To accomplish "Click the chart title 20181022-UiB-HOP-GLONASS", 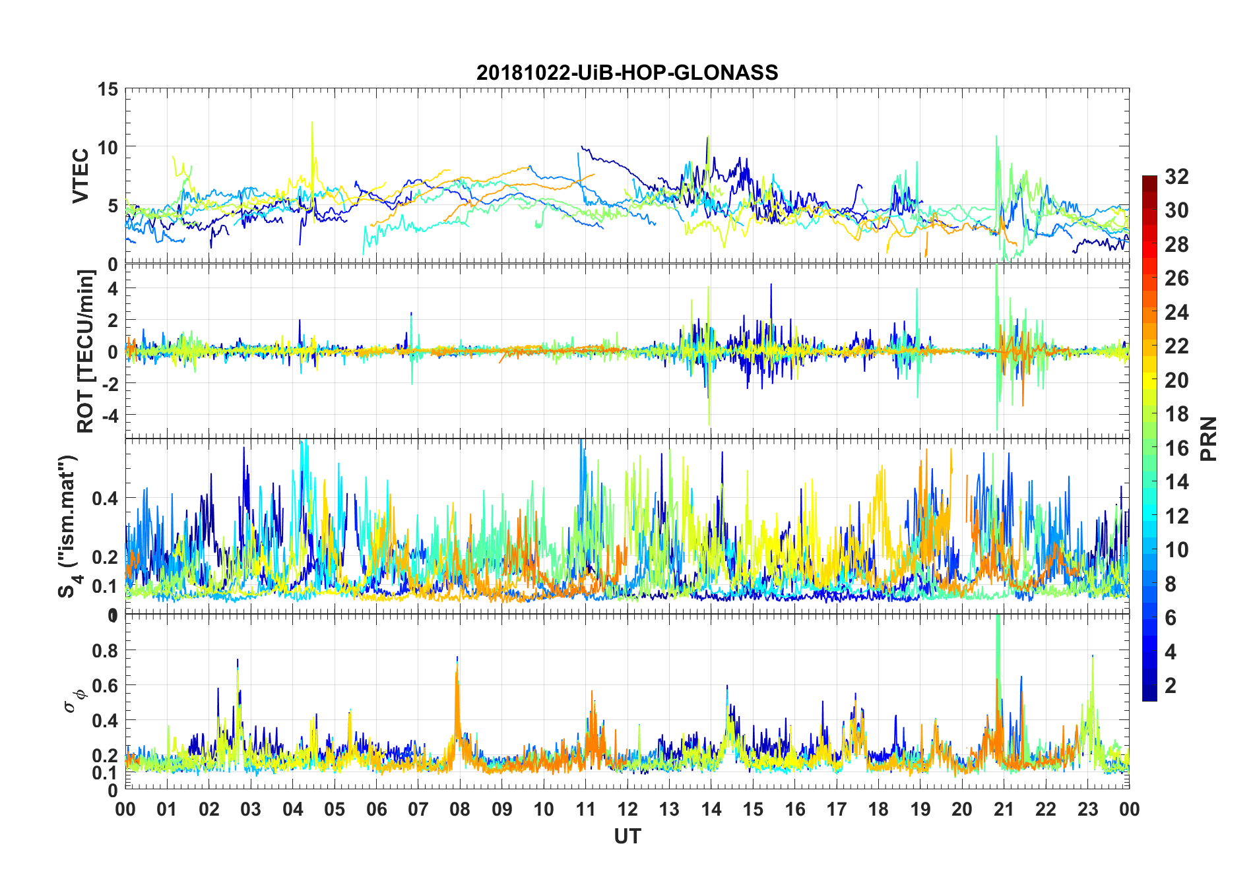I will click(x=627, y=73).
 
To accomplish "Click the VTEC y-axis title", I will click(x=80, y=176).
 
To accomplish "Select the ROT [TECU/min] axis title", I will click(x=86, y=351).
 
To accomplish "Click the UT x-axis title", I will click(x=627, y=837).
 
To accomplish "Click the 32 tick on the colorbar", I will click(x=1176, y=177).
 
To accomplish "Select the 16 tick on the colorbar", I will click(x=1176, y=448).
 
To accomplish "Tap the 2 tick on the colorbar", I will click(x=1171, y=686).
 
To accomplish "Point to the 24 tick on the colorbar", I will click(x=1176, y=313).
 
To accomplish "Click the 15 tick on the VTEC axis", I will click(x=108, y=90).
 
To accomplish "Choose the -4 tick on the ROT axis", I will click(x=110, y=415).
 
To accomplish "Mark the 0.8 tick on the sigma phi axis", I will click(x=104, y=651).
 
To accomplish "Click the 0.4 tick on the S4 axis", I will click(x=104, y=499).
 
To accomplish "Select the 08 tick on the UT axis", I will click(x=460, y=810).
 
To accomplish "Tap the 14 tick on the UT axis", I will click(x=711, y=810).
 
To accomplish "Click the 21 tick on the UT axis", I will click(x=1004, y=810).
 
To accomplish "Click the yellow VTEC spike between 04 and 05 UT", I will click(x=312, y=125).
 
